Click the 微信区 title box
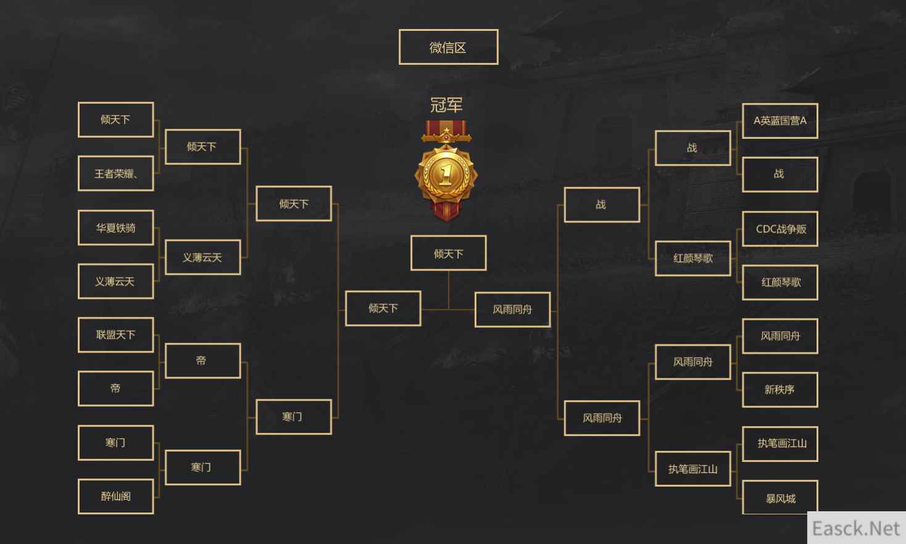click(x=448, y=47)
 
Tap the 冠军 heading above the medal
click(x=446, y=105)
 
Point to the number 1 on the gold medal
click(x=446, y=175)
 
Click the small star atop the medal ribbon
click(x=446, y=130)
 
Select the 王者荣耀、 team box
click(x=115, y=174)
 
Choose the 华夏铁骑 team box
click(x=115, y=227)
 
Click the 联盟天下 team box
click(x=115, y=335)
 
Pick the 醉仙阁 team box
click(x=115, y=496)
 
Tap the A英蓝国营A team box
click(x=780, y=120)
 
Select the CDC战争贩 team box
click(x=780, y=228)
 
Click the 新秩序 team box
click(x=780, y=390)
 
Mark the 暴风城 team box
click(x=780, y=498)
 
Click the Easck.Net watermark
click(x=856, y=528)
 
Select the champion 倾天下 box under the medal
click(x=448, y=253)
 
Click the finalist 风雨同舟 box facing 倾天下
click(x=512, y=309)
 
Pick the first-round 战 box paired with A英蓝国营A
click(x=780, y=175)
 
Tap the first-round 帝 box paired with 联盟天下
click(x=115, y=388)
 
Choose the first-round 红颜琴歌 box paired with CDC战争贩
click(x=780, y=283)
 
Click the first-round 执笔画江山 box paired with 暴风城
click(x=780, y=444)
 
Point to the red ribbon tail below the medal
click(x=446, y=211)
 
